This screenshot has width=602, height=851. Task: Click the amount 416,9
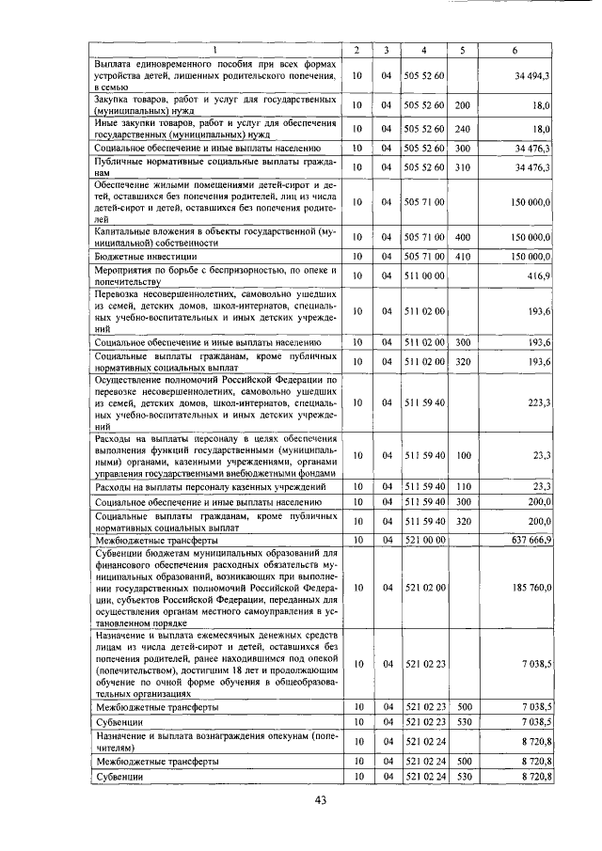point(538,276)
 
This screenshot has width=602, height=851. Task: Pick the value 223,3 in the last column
point(538,402)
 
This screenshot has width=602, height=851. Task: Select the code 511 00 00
point(424,276)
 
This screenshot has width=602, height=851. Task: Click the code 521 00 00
point(424,540)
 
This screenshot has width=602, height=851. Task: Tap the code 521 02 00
point(424,588)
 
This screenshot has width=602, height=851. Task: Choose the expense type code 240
point(462,128)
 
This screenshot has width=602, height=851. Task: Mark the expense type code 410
point(462,255)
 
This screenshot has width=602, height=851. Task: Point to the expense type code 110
point(462,487)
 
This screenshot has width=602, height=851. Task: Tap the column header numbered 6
point(515,49)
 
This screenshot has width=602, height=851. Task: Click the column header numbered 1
point(215,49)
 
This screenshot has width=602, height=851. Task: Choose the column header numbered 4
point(424,49)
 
